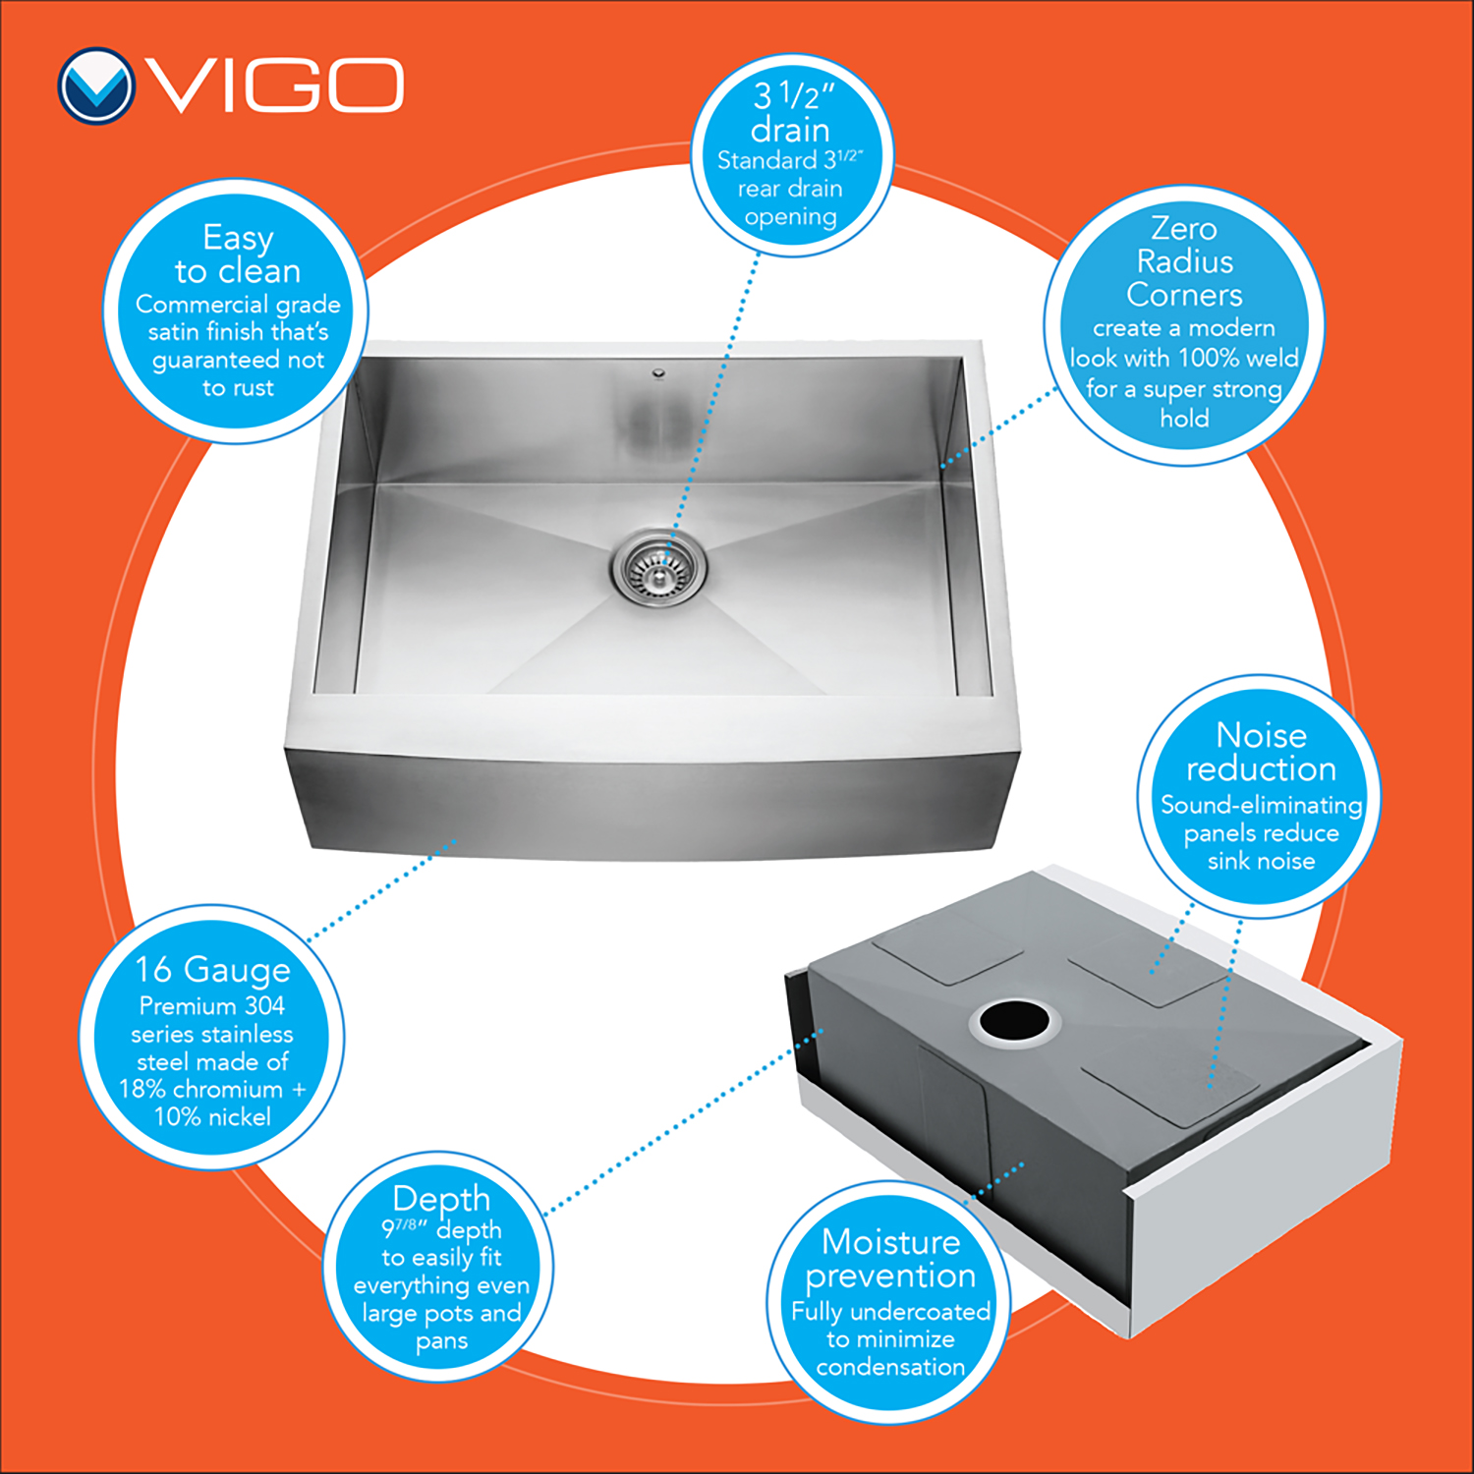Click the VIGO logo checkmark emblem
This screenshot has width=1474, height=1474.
(x=95, y=86)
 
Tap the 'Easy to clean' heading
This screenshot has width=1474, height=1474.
(x=238, y=254)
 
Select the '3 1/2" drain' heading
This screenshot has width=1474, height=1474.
(x=791, y=112)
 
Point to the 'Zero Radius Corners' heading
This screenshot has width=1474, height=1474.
(x=1184, y=261)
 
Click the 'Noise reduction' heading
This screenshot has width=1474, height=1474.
(x=1261, y=752)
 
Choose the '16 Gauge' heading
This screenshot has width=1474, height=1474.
(x=213, y=969)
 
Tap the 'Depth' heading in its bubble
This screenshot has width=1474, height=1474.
(x=441, y=1199)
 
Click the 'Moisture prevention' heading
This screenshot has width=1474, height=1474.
(x=890, y=1259)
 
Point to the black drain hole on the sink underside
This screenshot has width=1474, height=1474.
(x=1014, y=1022)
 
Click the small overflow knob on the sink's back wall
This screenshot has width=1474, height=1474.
(x=658, y=372)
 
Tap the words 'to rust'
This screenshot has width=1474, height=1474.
(x=238, y=388)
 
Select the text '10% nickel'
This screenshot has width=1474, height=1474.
(x=212, y=1117)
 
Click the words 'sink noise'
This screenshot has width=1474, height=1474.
(x=1261, y=862)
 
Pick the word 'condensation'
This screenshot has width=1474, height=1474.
(x=890, y=1367)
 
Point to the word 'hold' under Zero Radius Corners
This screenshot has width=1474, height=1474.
(x=1184, y=419)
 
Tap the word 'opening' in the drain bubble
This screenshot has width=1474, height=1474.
(x=790, y=218)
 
